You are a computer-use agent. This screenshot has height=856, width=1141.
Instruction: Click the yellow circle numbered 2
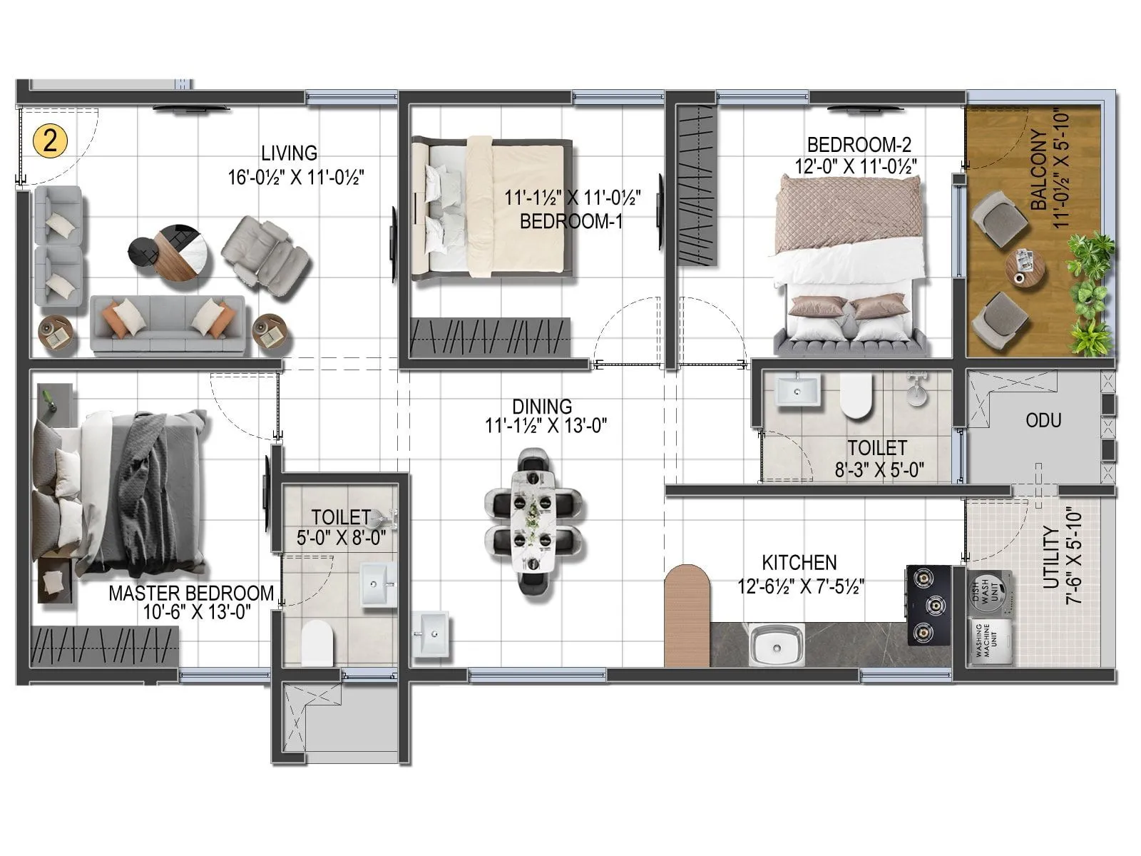point(50,141)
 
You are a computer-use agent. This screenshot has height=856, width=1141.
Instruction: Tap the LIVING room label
point(289,153)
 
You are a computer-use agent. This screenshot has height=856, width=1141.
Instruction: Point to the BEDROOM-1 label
point(570,221)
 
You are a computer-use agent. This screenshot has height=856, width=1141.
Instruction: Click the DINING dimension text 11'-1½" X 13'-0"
point(546,426)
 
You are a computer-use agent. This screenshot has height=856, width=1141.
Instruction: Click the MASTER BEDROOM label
point(190,593)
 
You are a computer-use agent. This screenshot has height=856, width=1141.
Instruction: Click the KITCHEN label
point(799,562)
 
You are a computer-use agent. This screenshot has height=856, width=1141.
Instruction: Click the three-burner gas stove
point(928,605)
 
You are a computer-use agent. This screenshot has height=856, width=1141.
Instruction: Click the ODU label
point(1043,420)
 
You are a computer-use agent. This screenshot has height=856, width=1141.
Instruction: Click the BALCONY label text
point(1039,170)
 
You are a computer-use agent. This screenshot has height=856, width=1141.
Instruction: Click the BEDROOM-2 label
point(859,145)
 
